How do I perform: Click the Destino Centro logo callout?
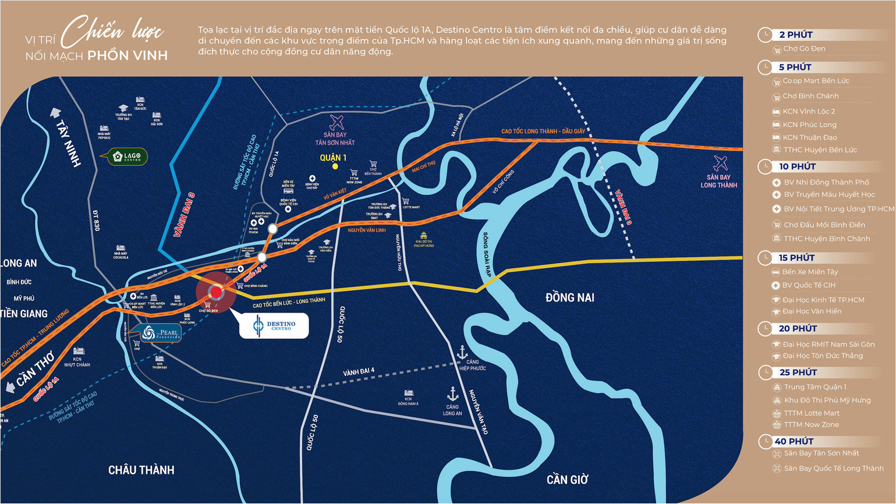pos(274,326)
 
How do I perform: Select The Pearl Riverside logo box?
pos(161,333)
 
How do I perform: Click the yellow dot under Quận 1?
pos(335,166)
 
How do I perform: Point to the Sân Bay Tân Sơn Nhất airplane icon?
pos(337,122)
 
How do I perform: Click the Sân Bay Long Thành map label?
pos(718,181)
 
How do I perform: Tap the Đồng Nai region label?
pos(569,298)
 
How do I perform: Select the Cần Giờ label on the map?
pos(567,480)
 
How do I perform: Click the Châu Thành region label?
pos(141,470)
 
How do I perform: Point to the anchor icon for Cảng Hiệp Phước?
pos(462,352)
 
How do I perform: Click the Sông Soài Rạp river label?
pos(487,254)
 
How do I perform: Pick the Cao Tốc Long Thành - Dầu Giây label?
pos(543,132)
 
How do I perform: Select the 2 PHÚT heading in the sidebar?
pos(796,35)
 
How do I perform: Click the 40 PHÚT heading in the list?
pos(794,442)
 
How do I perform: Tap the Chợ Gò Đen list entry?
pos(804,49)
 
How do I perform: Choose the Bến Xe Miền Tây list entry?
pos(810,272)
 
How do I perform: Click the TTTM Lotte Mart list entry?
pos(812,413)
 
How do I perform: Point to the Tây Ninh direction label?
pos(69,143)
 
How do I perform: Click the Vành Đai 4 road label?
pos(359,371)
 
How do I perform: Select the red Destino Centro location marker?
pos(216,292)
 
